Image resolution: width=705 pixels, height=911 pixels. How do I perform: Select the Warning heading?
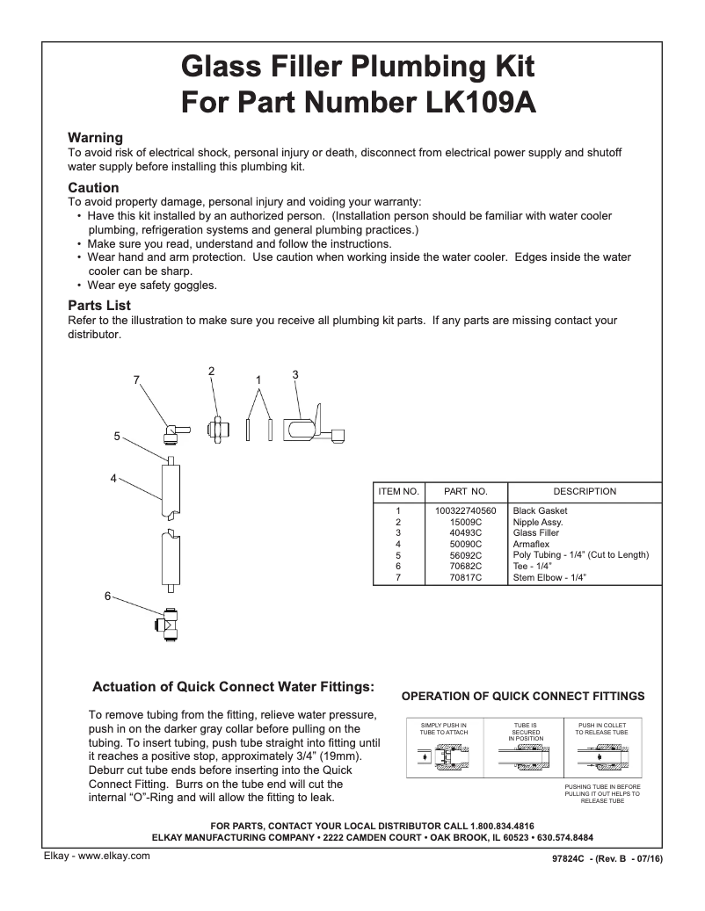[95, 138]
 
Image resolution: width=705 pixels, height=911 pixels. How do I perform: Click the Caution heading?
[93, 188]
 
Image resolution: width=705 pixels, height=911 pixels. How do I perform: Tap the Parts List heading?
[99, 306]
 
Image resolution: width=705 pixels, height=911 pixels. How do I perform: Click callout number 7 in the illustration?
[136, 380]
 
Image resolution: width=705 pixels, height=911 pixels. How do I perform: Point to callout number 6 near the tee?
[108, 596]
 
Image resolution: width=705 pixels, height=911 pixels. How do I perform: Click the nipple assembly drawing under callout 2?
[217, 431]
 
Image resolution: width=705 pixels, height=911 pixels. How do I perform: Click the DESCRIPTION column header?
[584, 492]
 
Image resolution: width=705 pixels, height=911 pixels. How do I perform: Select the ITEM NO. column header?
[398, 492]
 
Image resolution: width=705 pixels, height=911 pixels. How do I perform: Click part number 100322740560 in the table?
[465, 510]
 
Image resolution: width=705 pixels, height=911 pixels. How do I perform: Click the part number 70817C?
[465, 578]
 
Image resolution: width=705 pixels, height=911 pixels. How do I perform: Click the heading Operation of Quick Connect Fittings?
[522, 696]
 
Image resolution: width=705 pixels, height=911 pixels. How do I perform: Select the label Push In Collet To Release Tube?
[602, 728]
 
